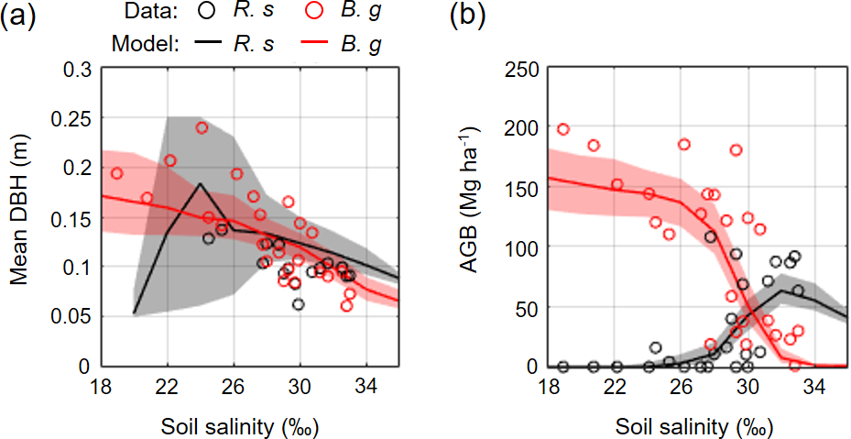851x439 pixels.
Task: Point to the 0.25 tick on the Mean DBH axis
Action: pyautogui.click(x=77, y=118)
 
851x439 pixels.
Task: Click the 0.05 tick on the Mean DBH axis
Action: pyautogui.click(x=77, y=316)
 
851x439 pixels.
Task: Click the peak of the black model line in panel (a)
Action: pyautogui.click(x=201, y=183)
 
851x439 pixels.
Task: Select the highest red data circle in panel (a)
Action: pyautogui.click(x=202, y=127)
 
